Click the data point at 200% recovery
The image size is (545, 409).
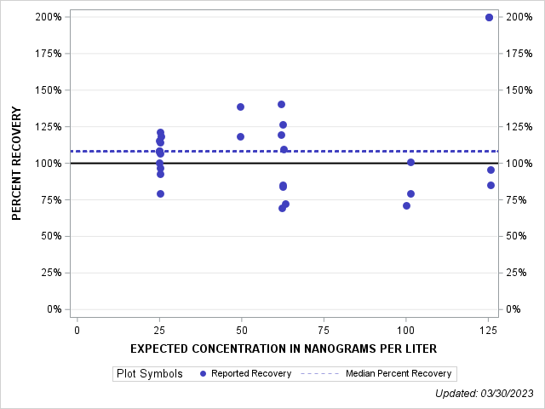click(x=489, y=17)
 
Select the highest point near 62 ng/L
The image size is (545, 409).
click(x=281, y=104)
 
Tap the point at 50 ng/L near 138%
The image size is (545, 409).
click(x=240, y=107)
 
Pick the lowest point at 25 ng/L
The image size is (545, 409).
click(x=160, y=193)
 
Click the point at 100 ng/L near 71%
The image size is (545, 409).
click(x=406, y=205)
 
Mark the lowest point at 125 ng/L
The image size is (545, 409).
click(x=490, y=185)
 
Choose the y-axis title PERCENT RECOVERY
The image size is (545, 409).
click(x=16, y=164)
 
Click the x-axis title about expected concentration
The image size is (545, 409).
click(x=284, y=349)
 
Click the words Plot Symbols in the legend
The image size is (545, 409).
click(x=149, y=373)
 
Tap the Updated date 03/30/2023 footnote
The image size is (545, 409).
click(x=483, y=393)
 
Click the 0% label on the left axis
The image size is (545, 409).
click(x=51, y=309)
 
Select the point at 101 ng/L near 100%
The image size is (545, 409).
click(x=410, y=162)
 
